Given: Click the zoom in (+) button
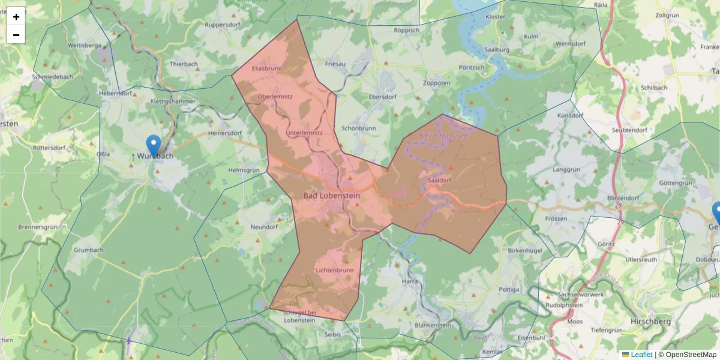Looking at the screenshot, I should pos(16,17).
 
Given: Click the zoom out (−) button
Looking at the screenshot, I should pos(16,35).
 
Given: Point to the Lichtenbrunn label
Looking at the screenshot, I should pos(334,271).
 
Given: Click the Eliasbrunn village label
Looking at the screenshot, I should pos(266,68).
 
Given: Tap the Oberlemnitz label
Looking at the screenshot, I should pos(275,97).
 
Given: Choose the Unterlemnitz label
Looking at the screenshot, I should pos(304,133).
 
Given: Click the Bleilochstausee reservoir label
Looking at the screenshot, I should pos(443,136).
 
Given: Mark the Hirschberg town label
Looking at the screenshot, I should pos(651,322).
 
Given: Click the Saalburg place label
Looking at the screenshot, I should pos(497,50).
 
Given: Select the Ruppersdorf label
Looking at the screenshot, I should pos(223,25).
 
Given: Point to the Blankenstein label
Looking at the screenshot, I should pos(433,325).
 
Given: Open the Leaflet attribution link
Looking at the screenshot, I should pos(641,355).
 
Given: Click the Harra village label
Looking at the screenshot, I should pos(410,281).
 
